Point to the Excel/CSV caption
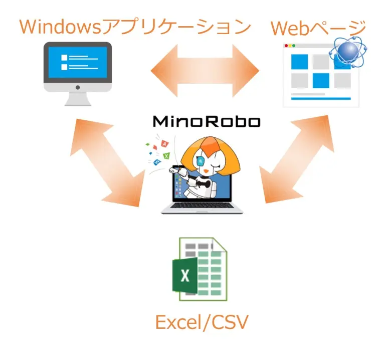click(x=202, y=322)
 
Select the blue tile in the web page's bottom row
click(x=321, y=80)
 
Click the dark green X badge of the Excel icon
click(x=183, y=276)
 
